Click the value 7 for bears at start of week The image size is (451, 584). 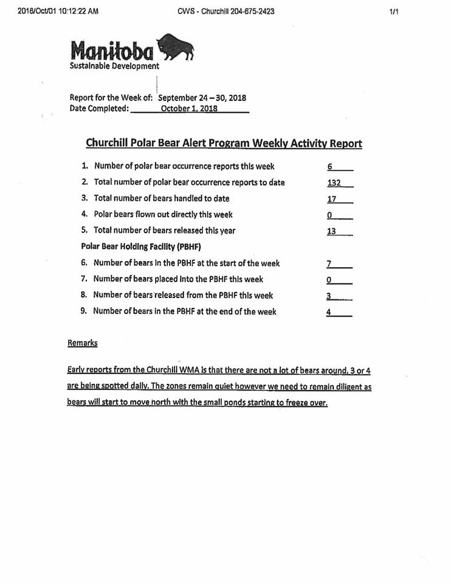[329, 264]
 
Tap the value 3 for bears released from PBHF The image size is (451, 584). [328, 296]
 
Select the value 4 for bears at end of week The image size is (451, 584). [328, 312]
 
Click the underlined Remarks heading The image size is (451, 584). [82, 343]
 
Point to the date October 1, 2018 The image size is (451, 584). [189, 109]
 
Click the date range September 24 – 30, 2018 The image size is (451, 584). [202, 97]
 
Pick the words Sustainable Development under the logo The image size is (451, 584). [114, 66]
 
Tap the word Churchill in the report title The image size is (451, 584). [108, 144]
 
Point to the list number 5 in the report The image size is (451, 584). [84, 231]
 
